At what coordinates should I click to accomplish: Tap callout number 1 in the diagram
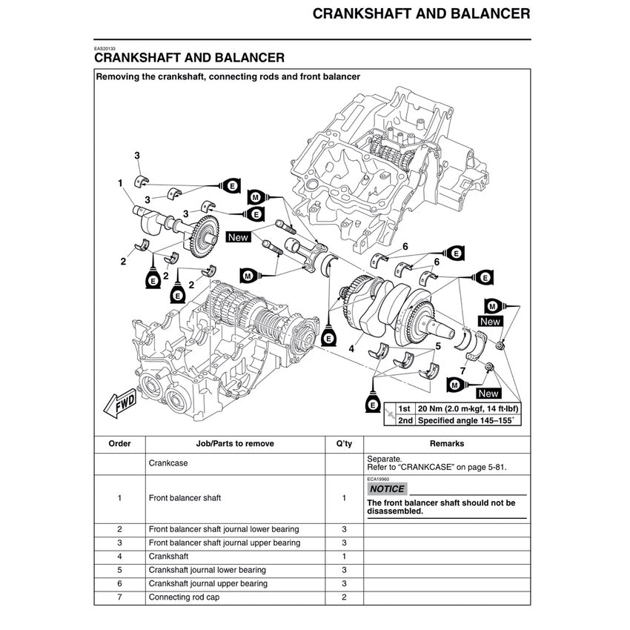(x=119, y=182)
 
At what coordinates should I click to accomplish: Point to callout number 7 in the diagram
(x=462, y=369)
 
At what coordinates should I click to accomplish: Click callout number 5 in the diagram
(x=438, y=345)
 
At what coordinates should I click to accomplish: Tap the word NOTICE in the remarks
(x=387, y=489)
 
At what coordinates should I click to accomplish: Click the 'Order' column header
(x=119, y=444)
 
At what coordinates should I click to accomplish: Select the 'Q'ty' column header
(x=344, y=444)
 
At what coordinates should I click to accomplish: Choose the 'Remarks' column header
(x=447, y=444)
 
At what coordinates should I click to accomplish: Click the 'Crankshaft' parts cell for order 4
(x=169, y=556)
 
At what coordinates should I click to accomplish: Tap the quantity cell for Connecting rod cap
(x=344, y=597)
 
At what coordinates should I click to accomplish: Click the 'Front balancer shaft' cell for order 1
(x=185, y=498)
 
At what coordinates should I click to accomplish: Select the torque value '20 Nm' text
(x=433, y=408)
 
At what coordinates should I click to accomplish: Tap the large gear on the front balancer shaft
(x=202, y=235)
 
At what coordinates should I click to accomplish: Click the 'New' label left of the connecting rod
(x=238, y=237)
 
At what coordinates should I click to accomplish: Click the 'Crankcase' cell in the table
(x=168, y=463)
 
